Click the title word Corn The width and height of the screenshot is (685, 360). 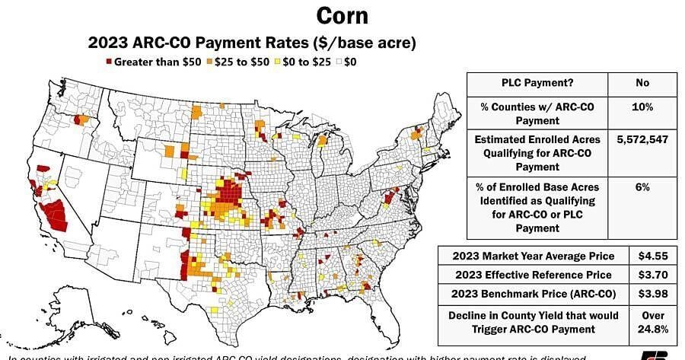pyautogui.click(x=342, y=15)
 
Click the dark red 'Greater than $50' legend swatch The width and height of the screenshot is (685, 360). pyautogui.click(x=109, y=62)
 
